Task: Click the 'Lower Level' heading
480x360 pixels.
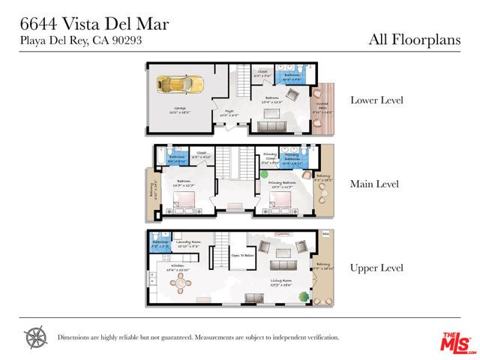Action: pos(378,100)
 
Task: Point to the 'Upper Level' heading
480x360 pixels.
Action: pos(377,268)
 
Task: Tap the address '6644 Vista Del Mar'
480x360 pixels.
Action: pos(94,24)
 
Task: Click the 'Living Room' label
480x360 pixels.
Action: pos(283,282)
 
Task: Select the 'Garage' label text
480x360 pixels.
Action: pos(159,109)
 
